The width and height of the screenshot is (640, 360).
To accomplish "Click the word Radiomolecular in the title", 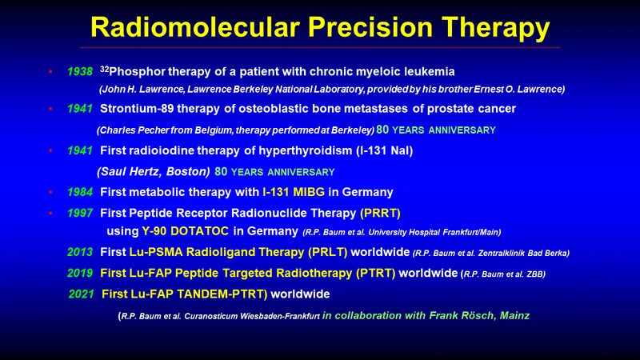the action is tap(195, 27).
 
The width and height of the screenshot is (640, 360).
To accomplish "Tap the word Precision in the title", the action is tap(370, 27).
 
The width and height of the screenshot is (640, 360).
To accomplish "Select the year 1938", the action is tap(80, 71).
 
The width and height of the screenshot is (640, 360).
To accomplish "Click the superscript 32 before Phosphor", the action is tap(104, 69).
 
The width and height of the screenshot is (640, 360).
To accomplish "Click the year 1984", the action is tap(80, 192).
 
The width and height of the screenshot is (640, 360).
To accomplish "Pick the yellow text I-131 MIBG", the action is tap(294, 192).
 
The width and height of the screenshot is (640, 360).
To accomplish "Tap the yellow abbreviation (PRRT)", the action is tap(380, 213).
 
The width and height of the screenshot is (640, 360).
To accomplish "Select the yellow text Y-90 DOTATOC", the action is tap(186, 231).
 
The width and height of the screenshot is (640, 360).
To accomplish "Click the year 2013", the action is tap(80, 252).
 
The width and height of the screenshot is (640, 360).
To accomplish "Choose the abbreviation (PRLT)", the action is tap(328, 252).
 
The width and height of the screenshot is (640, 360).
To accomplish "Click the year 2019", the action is tap(80, 273).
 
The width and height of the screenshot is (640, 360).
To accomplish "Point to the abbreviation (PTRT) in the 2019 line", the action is tap(375, 273).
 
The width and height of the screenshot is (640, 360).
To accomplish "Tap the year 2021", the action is tap(82, 294).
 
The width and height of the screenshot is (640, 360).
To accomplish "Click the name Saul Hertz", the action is tap(129, 171).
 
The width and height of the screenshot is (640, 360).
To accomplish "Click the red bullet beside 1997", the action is tap(50, 213).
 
